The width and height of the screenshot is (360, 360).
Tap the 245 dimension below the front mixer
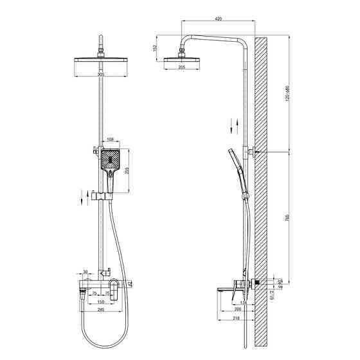(100, 310)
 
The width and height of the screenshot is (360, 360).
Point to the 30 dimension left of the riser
(85, 272)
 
